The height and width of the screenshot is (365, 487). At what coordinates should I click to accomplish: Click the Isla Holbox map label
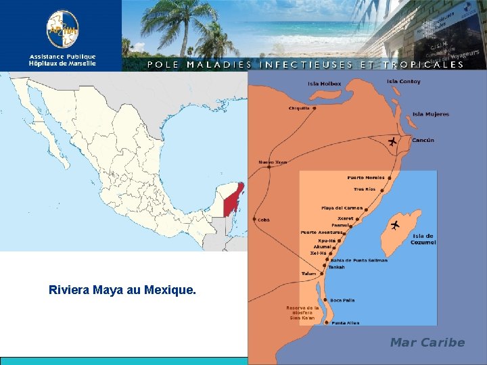[325, 84]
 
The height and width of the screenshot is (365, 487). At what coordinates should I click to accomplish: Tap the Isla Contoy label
[403, 82]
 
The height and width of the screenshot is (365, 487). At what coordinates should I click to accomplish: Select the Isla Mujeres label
[431, 114]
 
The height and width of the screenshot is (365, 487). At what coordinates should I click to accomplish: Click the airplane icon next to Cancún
[393, 141]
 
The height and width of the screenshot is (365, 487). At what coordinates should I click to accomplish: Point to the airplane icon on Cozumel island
[395, 224]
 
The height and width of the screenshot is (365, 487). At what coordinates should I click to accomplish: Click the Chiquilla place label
[299, 108]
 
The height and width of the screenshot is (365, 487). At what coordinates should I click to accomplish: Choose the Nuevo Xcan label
[273, 162]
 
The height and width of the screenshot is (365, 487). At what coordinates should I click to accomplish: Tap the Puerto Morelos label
[366, 178]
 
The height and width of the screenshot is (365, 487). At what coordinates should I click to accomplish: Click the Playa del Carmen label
[342, 208]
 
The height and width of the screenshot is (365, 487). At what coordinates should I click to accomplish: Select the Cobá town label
[264, 220]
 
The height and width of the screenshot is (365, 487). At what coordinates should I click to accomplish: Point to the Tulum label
[308, 274]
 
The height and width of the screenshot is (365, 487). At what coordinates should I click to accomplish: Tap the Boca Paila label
[342, 300]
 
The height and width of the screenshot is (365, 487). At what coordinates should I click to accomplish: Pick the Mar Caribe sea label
[427, 342]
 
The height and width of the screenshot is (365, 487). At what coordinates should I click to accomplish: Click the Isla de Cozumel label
[423, 239]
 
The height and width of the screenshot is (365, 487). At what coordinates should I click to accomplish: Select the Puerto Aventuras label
[322, 233]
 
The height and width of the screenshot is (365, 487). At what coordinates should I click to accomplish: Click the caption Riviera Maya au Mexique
[122, 291]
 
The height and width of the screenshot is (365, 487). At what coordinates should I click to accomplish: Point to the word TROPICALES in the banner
[423, 65]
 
